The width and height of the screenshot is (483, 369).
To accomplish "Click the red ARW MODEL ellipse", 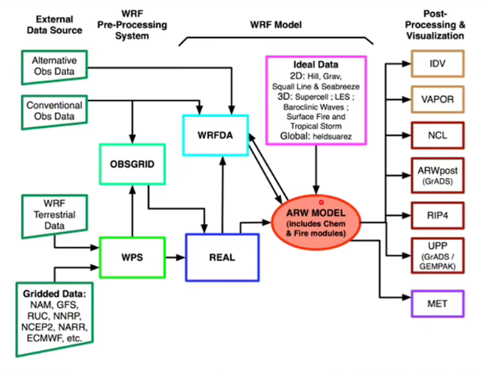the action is pos(316,222).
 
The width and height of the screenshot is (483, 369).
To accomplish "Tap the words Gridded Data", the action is pos(54,294).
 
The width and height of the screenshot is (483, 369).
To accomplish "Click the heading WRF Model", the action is pos(275,25).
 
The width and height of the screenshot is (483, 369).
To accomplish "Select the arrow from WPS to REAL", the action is pos(175,257).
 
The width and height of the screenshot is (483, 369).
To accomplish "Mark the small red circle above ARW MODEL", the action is pos(321,202).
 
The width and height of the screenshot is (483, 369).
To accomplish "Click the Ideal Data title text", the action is pos(316,64).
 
